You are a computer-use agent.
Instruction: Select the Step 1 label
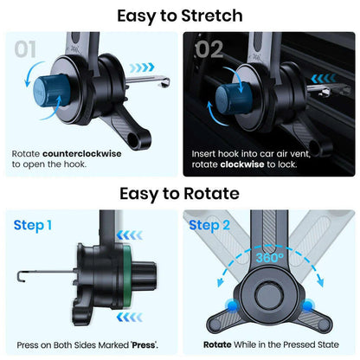34,226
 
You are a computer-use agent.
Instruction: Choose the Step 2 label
209,226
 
